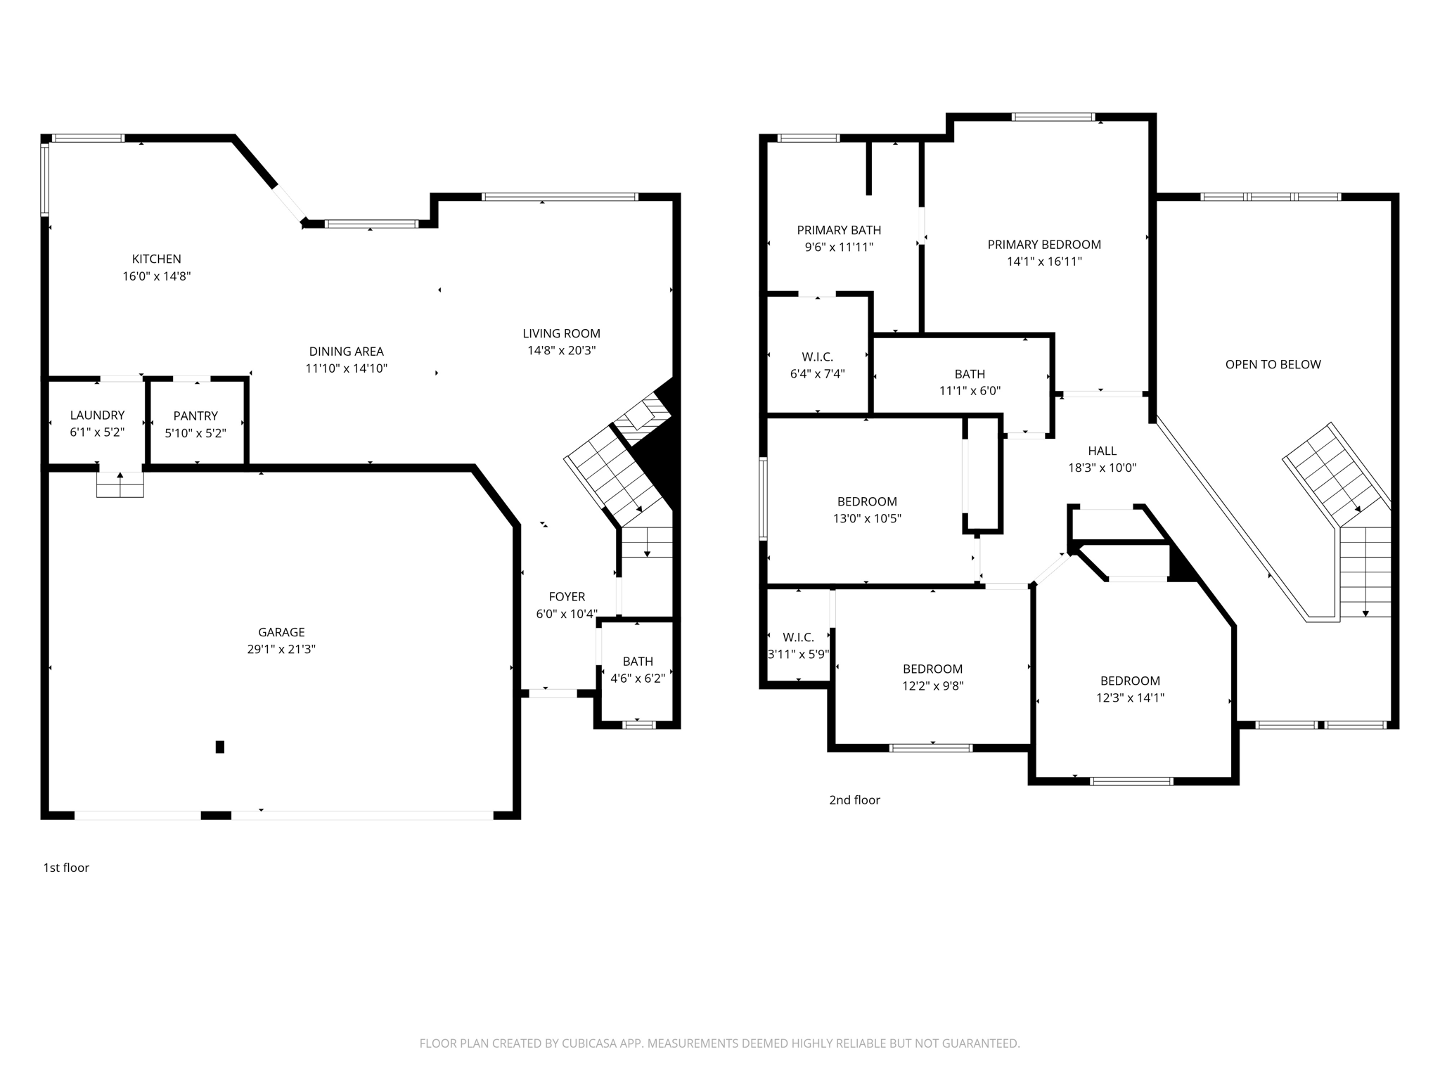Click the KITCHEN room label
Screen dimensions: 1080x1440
[156, 259]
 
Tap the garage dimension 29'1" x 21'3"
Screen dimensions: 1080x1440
[281, 649]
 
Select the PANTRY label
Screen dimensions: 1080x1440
[195, 416]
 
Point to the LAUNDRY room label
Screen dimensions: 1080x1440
[97, 415]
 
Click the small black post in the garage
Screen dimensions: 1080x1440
[219, 747]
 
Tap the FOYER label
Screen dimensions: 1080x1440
[567, 596]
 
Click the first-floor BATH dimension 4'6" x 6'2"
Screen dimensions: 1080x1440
[637, 679]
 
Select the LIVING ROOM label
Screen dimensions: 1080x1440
[561, 333]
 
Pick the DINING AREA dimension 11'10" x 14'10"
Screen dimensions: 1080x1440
[346, 368]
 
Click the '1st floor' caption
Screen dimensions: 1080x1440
[66, 868]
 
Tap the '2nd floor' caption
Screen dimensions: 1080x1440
[854, 799]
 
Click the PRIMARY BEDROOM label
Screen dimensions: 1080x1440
[1044, 244]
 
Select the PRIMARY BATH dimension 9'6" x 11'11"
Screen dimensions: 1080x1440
[839, 247]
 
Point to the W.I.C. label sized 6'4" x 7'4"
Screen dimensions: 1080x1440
[817, 357]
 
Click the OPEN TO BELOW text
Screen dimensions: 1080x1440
[1273, 364]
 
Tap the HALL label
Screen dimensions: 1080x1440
[1102, 451]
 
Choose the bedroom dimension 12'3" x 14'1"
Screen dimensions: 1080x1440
[1130, 697]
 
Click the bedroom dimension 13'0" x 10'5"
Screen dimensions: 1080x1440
[867, 518]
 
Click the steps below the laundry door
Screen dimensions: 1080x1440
[120, 484]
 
